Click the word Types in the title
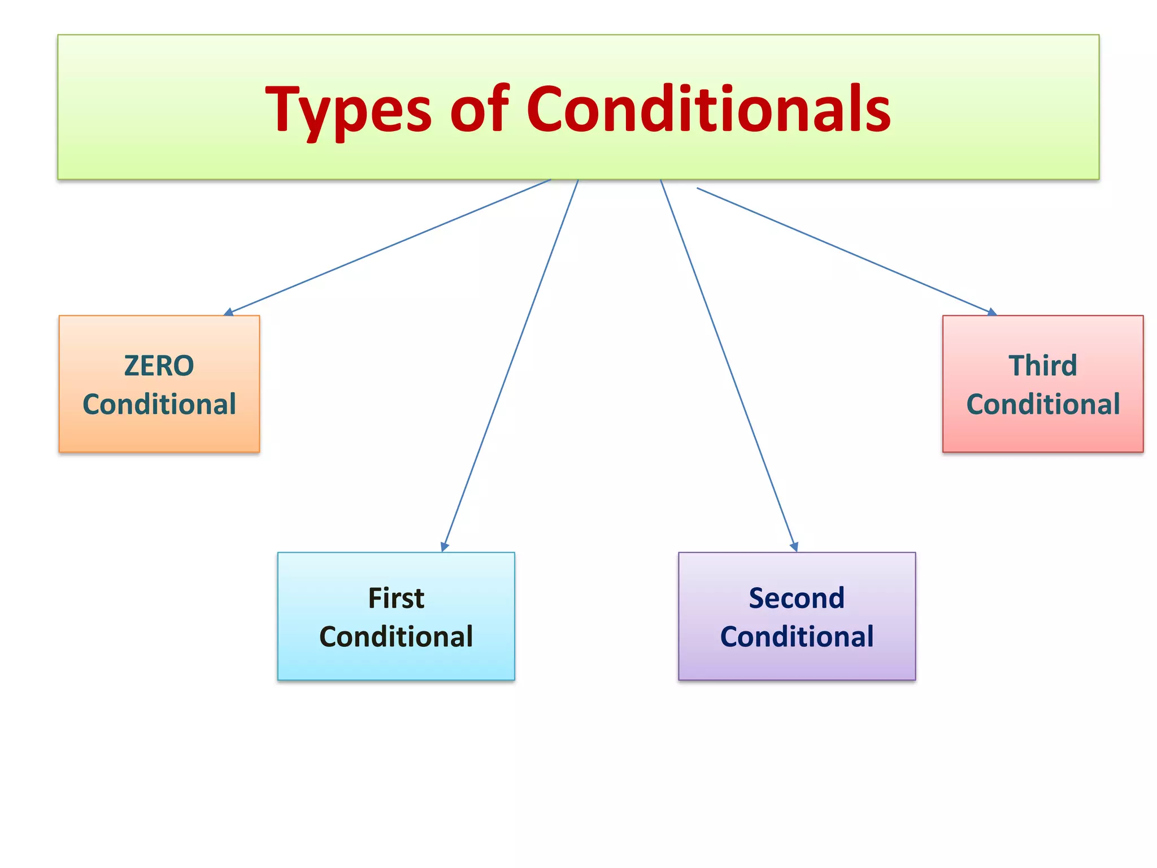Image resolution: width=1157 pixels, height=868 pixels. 348,110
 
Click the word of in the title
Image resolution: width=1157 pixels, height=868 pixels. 479,108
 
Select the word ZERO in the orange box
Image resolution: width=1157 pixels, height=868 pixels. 159,366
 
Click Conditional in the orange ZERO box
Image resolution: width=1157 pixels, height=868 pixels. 159,405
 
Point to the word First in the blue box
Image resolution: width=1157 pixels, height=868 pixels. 395,598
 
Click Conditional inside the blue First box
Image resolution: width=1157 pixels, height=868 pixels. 395,637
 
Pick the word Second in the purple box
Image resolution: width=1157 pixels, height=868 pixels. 797,598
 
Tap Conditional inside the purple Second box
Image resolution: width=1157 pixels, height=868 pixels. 797,637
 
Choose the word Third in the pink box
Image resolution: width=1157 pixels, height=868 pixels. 1042,366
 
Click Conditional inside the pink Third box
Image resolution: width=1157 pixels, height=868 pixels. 1042,405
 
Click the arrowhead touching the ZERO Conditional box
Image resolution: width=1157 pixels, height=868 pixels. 228,312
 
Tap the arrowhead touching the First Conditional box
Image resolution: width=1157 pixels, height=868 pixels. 445,546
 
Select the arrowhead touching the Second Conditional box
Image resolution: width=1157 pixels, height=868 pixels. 794,546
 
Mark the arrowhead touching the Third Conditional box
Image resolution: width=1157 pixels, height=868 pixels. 992,312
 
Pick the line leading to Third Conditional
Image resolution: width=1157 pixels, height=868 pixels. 845,250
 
